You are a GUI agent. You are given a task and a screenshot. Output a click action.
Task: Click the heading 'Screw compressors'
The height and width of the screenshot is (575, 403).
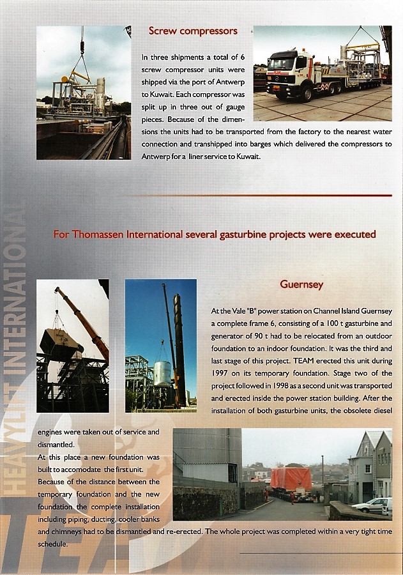pos(193,31)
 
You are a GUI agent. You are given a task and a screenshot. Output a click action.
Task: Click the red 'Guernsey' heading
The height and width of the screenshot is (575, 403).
pos(301,284)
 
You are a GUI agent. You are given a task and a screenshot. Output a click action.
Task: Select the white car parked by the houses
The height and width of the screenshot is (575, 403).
pos(370,505)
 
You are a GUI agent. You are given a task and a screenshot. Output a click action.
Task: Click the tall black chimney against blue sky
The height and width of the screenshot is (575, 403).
pos(179,345)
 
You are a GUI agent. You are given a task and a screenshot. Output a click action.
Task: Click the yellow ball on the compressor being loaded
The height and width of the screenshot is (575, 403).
pos(65,79)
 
